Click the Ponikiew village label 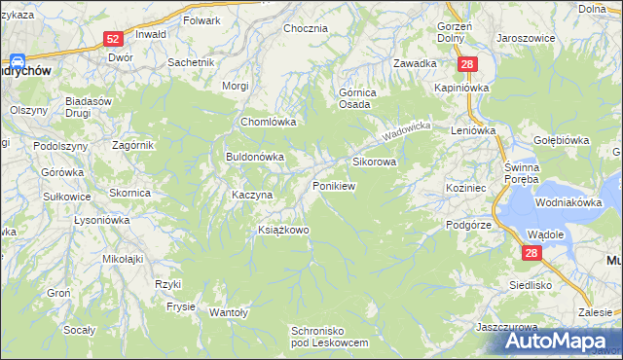(333, 185)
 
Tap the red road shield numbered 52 (113, 39)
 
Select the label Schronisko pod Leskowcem (330, 337)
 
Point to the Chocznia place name (305, 28)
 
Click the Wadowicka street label (406, 128)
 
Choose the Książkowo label (282, 230)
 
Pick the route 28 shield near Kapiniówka (468, 63)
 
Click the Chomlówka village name (268, 123)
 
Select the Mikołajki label (123, 259)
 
